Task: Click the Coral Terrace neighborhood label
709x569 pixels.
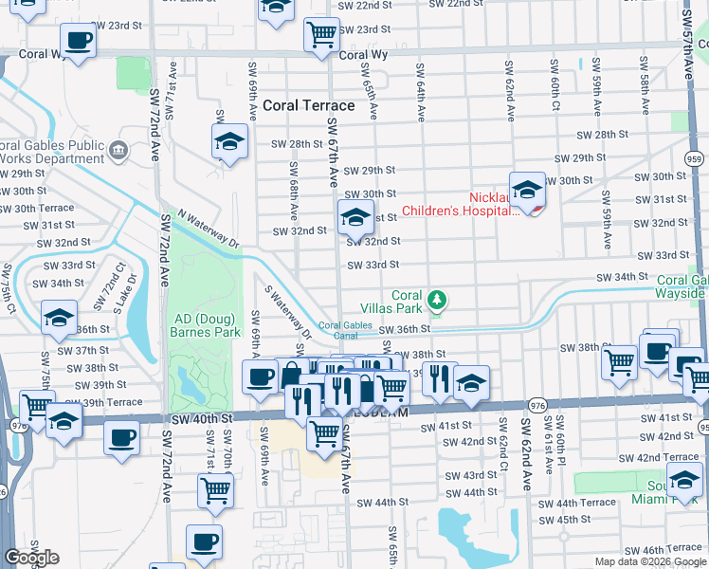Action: [309, 105]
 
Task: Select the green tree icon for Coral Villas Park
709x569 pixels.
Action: [436, 301]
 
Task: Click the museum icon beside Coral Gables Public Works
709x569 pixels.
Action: [118, 148]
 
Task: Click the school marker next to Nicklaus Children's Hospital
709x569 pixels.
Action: [527, 190]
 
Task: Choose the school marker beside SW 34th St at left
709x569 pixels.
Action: [59, 318]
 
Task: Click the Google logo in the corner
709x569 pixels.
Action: [31, 558]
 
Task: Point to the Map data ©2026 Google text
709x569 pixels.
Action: [649, 561]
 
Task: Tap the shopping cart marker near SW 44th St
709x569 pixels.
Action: [215, 490]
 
